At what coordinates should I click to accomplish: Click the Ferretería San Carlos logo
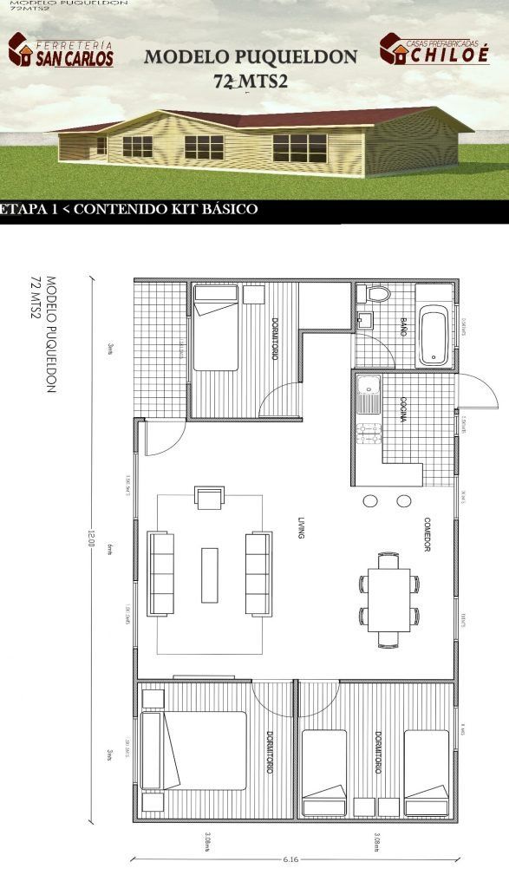(61, 50)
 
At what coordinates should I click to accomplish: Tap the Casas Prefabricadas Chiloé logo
(434, 49)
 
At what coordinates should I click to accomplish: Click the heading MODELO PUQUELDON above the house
(250, 57)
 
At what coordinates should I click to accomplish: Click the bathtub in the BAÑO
(433, 336)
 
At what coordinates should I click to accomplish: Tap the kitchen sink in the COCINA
(366, 396)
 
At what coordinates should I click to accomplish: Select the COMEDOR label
(427, 535)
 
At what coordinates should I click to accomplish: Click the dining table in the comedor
(388, 599)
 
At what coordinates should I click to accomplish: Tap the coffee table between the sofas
(210, 574)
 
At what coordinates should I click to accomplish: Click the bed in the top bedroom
(215, 329)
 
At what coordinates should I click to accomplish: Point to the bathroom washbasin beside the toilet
(363, 320)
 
